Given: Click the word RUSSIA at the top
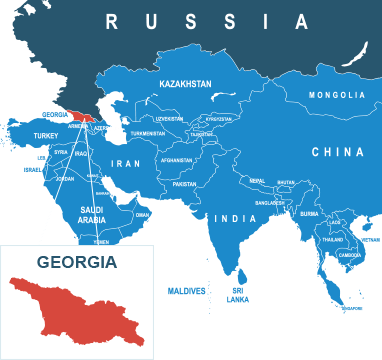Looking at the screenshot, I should [x=207, y=21].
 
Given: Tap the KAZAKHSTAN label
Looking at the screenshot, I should [x=185, y=85].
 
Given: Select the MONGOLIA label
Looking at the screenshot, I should [x=336, y=95].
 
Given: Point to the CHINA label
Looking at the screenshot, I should [x=336, y=153].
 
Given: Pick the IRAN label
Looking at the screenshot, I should [x=126, y=163].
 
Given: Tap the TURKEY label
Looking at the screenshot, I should [x=46, y=135].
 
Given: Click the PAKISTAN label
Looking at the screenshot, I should [x=184, y=184].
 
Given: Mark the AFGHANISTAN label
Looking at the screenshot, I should [x=176, y=159].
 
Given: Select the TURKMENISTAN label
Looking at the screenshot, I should [x=147, y=133].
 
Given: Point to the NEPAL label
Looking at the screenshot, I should [x=257, y=181].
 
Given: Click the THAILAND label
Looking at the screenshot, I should [x=332, y=240].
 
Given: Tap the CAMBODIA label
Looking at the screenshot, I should [x=350, y=254].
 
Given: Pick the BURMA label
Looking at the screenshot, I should [x=309, y=213].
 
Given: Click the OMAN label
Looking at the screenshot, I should [x=142, y=214].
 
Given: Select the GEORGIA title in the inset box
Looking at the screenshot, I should [x=77, y=263].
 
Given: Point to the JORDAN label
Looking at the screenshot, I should [x=64, y=178].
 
